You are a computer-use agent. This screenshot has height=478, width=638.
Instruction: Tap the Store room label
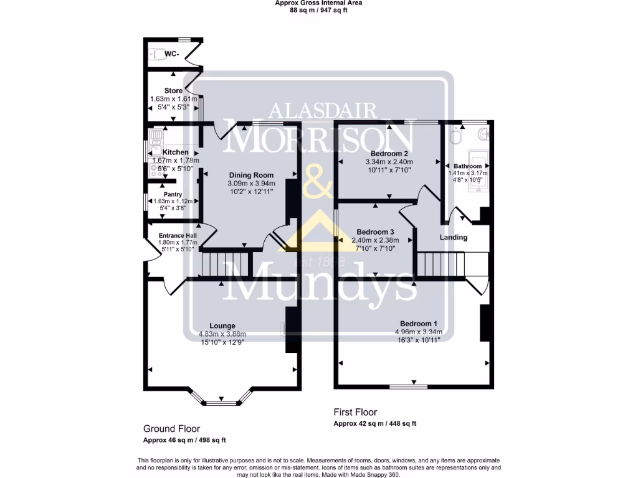click(173, 91)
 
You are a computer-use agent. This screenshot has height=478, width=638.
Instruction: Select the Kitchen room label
click(175, 152)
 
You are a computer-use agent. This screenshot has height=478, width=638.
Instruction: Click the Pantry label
click(173, 194)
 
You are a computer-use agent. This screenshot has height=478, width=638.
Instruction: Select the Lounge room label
click(222, 326)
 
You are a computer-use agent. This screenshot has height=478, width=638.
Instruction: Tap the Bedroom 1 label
click(418, 324)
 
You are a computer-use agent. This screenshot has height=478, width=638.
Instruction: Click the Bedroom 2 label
click(389, 154)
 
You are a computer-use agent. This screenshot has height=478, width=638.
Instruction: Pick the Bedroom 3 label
click(372, 232)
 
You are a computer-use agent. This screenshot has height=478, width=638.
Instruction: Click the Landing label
click(453, 237)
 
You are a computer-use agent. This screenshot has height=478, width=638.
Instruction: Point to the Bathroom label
click(467, 166)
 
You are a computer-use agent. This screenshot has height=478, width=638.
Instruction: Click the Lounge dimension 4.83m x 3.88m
click(222, 334)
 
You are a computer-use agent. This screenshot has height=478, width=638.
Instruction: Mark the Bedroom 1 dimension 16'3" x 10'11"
click(418, 339)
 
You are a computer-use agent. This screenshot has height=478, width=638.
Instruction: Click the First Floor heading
click(355, 412)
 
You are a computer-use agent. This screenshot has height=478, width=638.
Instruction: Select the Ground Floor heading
click(171, 429)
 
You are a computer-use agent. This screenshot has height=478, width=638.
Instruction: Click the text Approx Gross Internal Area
click(319, 2)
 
